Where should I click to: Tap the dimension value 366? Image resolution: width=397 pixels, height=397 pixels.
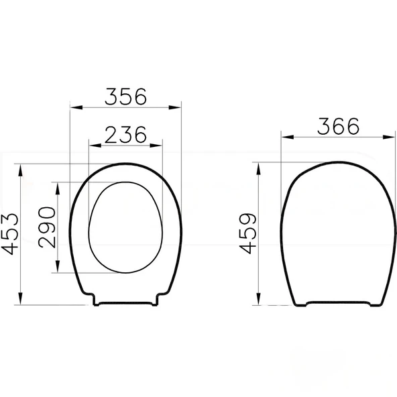pyautogui.click(x=339, y=125)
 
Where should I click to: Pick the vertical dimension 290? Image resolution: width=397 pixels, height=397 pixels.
pyautogui.click(x=48, y=227)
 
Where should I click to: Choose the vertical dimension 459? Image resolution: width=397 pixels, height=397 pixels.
pyautogui.click(x=249, y=233)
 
